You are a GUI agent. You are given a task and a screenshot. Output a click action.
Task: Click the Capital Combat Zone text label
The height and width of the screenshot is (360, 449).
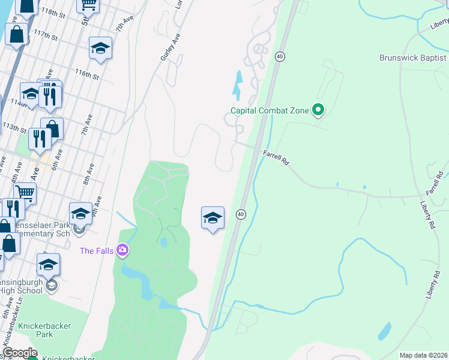(270, 110)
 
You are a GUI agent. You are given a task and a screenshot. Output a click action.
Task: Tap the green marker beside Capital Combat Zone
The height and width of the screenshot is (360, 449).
(318, 110)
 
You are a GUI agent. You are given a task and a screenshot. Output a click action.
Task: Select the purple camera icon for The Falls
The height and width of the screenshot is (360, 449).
(122, 250)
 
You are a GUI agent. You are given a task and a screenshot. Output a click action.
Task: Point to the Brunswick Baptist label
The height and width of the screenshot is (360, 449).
(413, 58)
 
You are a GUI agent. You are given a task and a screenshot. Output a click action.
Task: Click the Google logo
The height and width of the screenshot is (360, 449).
(20, 353)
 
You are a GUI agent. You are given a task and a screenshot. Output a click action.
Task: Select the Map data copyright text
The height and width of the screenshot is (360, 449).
(424, 355)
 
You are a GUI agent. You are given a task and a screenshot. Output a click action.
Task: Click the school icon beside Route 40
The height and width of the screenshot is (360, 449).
(212, 218)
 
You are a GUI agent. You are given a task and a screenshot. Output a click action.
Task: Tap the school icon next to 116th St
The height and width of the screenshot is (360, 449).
(100, 49)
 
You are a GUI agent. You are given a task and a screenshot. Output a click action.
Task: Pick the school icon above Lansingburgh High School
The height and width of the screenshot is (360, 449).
(49, 265)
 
